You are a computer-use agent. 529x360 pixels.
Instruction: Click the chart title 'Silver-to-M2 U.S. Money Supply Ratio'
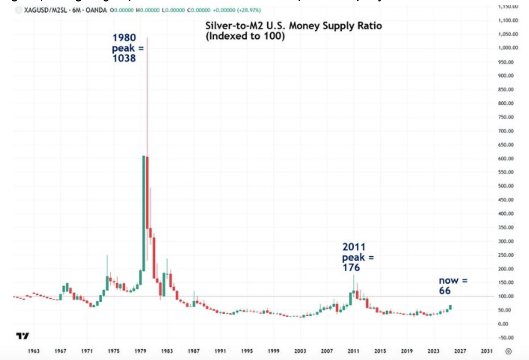tap(293, 26)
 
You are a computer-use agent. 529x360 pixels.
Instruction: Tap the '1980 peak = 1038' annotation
tap(124, 48)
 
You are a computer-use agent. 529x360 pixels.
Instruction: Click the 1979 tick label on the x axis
tap(140, 351)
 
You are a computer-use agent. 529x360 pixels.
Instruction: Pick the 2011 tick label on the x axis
tap(354, 351)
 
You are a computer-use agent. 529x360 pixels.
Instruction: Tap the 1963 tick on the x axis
tap(34, 351)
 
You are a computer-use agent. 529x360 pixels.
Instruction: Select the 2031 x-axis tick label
tap(487, 351)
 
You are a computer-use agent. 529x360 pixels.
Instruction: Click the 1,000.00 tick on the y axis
tap(508, 48)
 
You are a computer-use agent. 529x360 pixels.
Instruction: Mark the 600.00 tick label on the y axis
tap(506, 159)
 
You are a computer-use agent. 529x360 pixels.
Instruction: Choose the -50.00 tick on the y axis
tap(506, 338)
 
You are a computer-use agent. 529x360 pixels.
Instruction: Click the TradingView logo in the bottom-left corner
tap(22, 336)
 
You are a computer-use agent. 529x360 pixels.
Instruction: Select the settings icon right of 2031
tap(509, 351)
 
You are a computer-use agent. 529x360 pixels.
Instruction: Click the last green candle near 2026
tap(450, 307)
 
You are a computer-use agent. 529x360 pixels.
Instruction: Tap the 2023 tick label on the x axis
tap(433, 351)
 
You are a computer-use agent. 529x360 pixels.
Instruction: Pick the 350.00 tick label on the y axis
tap(506, 228)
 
